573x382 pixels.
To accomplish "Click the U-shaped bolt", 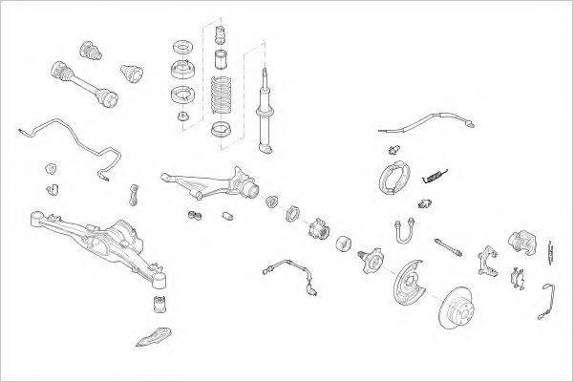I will tap(402, 233).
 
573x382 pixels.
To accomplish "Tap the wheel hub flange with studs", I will tap(371, 260).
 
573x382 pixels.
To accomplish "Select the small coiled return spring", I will tap(435, 174).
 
